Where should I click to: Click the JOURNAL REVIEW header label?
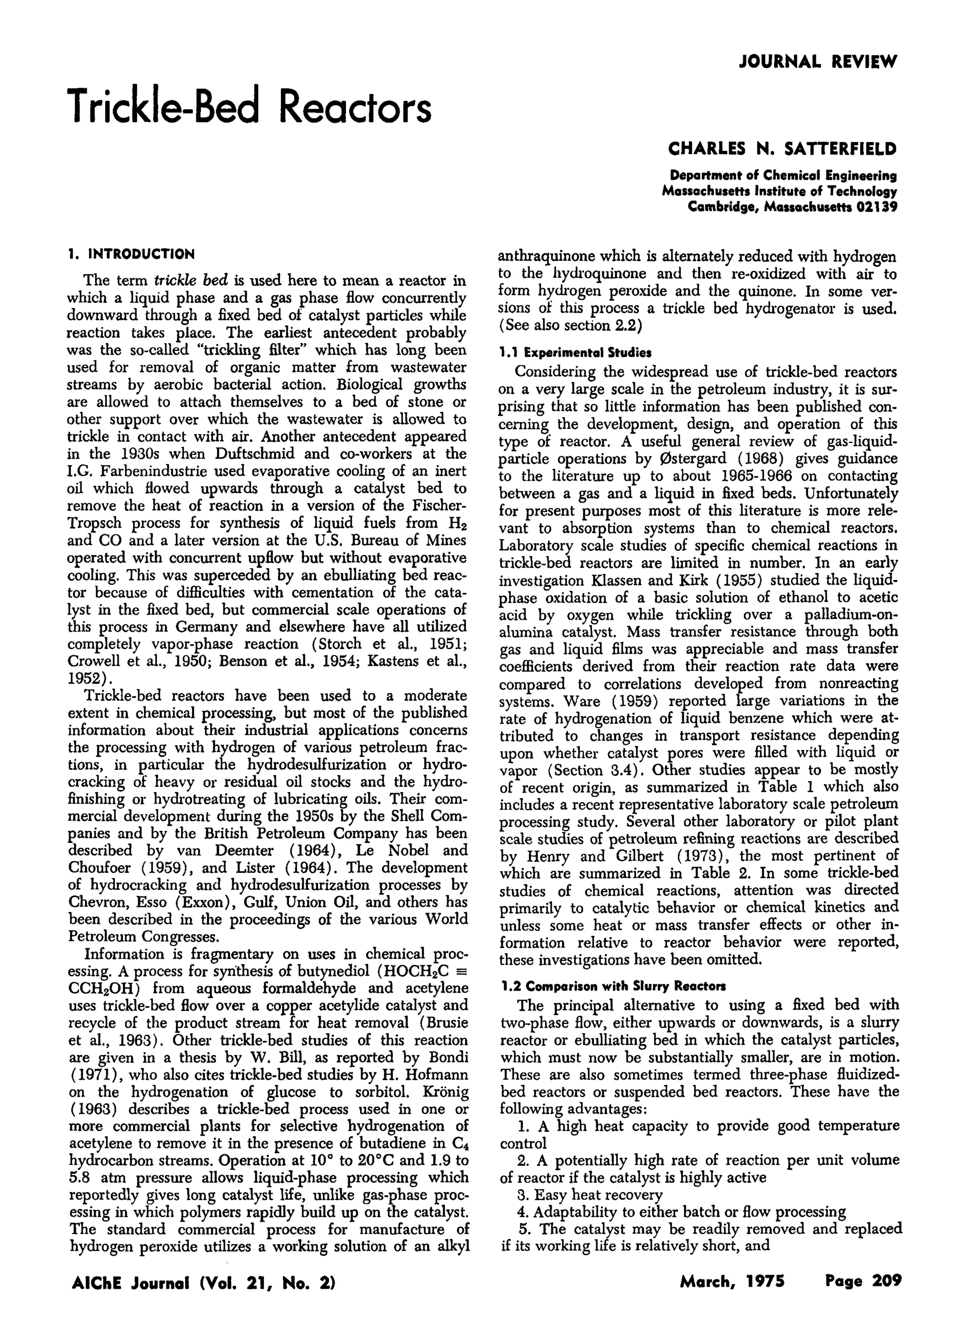[818, 61]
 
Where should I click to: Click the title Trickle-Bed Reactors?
[250, 107]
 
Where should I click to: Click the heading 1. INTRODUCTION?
[131, 255]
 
